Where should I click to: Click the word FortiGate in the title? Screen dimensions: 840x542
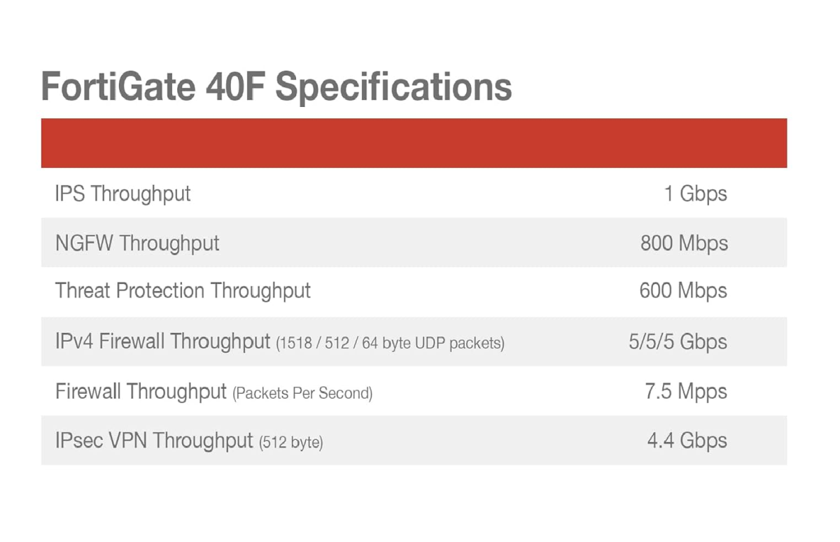coord(118,87)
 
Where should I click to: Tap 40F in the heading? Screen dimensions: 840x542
coord(235,87)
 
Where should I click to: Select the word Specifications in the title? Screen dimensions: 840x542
coord(393,89)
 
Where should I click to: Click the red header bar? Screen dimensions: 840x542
coord(414,143)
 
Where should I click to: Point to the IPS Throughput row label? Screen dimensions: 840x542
coord(123,194)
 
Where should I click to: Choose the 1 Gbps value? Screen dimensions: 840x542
coord(696,194)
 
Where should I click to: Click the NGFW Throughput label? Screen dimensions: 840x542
coord(137,243)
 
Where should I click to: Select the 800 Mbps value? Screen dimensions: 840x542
coord(684,243)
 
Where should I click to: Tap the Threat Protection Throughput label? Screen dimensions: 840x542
coord(183,291)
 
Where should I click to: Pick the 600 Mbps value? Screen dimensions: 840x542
coord(683,291)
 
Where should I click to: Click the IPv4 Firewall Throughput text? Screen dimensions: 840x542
coord(162,341)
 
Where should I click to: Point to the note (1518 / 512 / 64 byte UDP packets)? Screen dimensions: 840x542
coord(391,343)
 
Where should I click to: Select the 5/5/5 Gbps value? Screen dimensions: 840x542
coord(678,341)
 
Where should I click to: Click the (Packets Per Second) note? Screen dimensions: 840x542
coord(302,393)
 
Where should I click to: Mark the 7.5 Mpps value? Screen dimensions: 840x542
coord(686,392)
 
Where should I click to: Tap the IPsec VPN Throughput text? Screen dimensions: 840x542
coord(154,441)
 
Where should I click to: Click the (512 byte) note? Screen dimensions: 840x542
coord(291,443)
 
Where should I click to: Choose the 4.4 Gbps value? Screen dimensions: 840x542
coord(687,441)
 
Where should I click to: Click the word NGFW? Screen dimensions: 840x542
coord(84,243)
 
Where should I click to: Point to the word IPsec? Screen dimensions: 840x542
coord(79,440)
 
